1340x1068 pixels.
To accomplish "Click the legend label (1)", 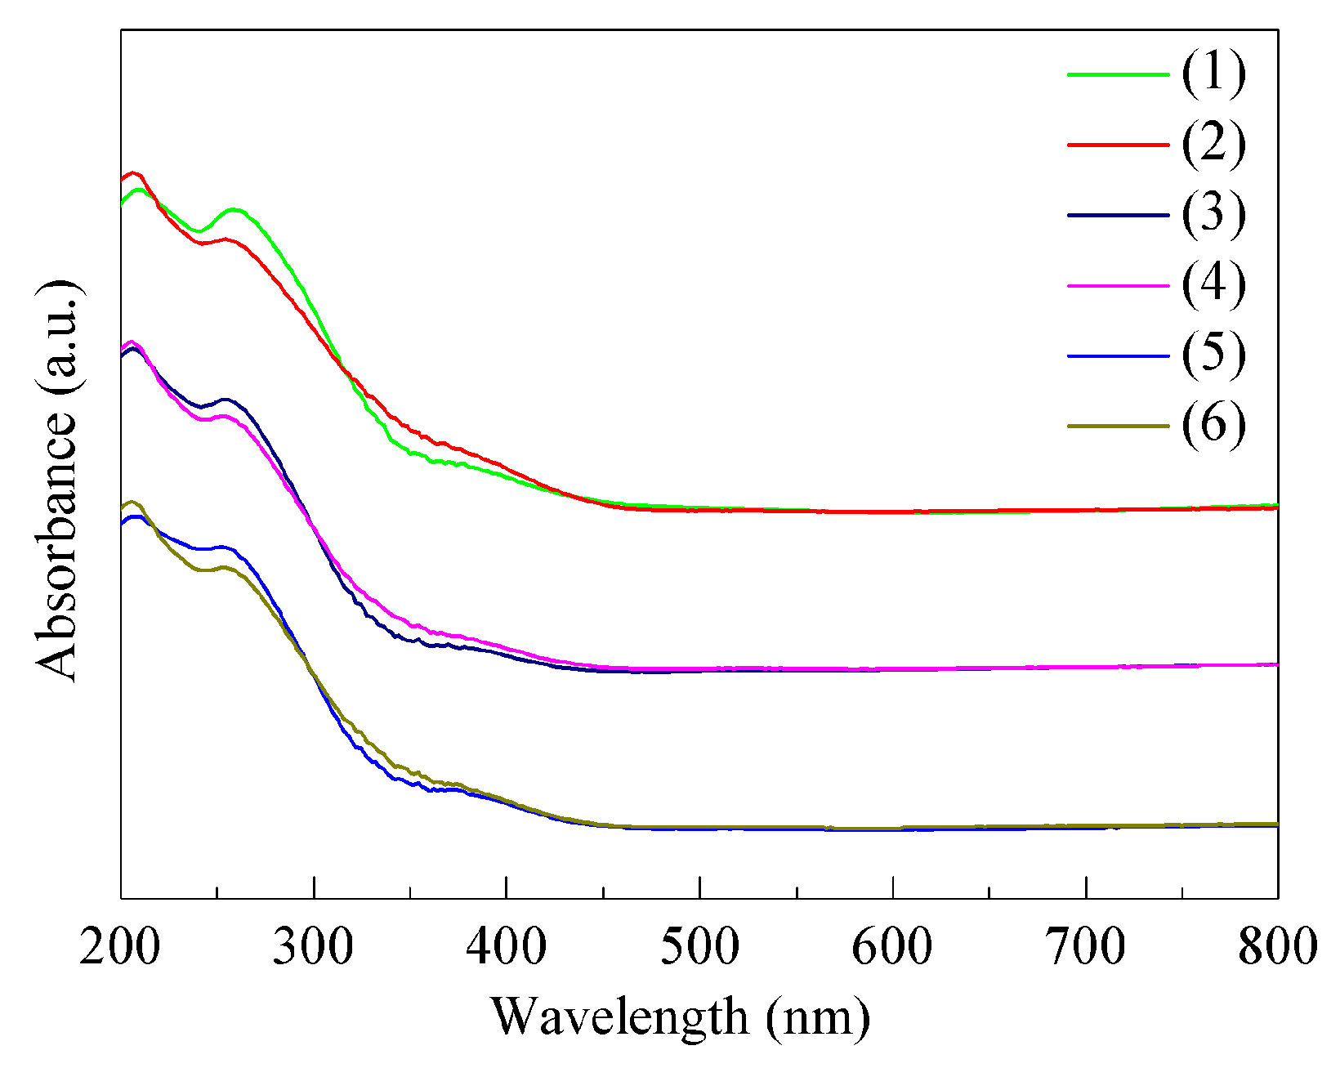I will tap(1213, 73).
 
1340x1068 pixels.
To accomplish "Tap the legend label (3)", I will tap(1213, 214).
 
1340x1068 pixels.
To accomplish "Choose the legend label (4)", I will tap(1213, 284).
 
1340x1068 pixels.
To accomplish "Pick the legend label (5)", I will tap(1213, 355).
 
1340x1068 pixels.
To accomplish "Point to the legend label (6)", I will tap(1213, 425).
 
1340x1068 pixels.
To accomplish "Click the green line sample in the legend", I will tap(1118, 74).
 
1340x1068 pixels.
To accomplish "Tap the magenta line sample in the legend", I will tap(1118, 286).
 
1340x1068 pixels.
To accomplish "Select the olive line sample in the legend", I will tap(1118, 426).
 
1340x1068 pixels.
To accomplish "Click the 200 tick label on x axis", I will tap(120, 948).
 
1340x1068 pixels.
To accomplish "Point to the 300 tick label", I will tap(313, 948).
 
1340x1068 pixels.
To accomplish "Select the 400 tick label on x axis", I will tap(507, 948).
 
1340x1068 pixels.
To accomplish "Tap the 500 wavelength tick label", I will tap(699, 948).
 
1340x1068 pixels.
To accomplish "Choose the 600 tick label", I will tap(892, 948).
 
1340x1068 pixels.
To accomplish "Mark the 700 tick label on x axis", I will tap(1085, 948).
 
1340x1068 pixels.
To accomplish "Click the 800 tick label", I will tap(1277, 948).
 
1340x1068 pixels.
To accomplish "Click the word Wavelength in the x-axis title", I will tap(619, 1017).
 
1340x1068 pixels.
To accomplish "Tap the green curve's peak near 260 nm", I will tap(234, 210).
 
